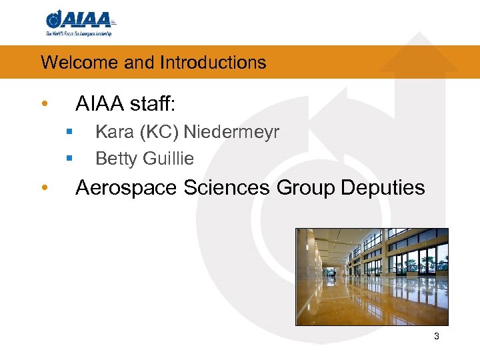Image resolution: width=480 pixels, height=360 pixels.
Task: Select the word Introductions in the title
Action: point(213,63)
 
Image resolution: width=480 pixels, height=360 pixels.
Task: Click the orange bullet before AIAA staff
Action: point(43,105)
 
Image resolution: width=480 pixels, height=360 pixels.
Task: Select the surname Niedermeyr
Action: point(231,132)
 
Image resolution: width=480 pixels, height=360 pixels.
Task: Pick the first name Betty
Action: point(116,159)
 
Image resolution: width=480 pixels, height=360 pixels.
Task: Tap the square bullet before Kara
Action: point(69,132)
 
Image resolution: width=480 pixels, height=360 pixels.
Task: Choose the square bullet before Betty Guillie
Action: point(69,159)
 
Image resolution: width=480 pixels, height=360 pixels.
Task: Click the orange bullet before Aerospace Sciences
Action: point(43,188)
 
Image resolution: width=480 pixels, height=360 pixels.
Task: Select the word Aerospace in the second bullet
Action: point(126,188)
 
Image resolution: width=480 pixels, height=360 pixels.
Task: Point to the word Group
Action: point(305,188)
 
